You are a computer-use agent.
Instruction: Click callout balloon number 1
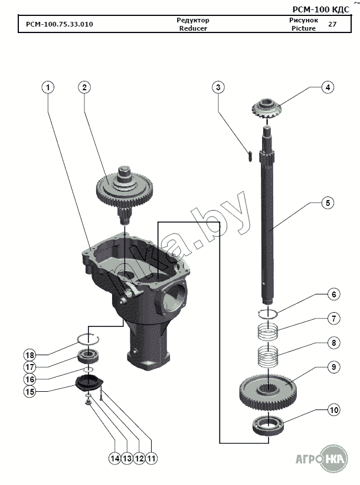[48, 87]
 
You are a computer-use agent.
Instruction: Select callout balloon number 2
[85, 87]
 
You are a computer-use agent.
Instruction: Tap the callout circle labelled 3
[218, 87]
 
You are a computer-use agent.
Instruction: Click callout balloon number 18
[30, 355]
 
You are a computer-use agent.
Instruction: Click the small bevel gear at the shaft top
[268, 110]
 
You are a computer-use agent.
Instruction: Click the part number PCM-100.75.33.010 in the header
[59, 25]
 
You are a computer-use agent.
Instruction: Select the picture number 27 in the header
[332, 24]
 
